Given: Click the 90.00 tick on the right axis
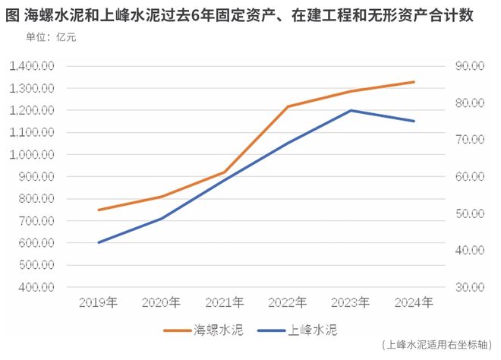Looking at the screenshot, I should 469,66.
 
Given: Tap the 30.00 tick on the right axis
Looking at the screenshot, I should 469,288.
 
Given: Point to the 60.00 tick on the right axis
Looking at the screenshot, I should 469,177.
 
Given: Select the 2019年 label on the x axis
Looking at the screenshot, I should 98,303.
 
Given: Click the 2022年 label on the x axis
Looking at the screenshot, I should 288,303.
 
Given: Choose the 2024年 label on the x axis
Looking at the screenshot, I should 414,303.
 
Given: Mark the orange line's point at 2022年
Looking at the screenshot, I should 288,106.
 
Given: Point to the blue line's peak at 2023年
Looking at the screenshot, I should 351,110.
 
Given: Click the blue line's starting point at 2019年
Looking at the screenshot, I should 98,242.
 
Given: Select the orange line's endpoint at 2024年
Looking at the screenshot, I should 414,81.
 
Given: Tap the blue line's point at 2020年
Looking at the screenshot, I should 161,218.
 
